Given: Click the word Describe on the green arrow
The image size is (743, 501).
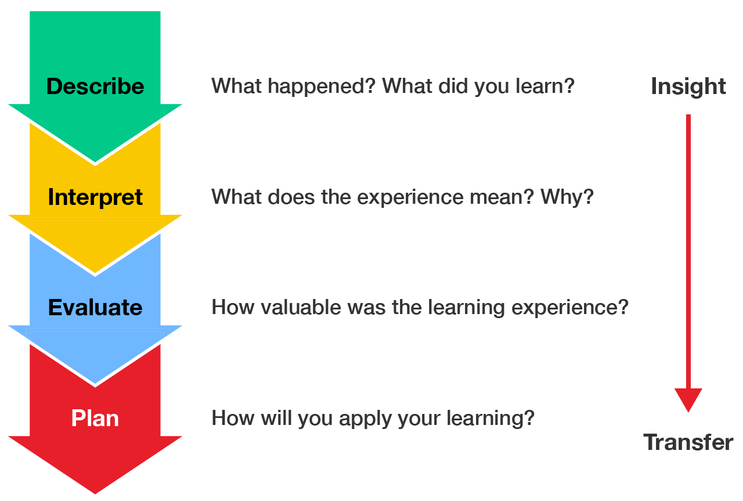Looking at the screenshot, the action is pos(95,86).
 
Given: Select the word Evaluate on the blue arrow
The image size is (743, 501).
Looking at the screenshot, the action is pos(95,307).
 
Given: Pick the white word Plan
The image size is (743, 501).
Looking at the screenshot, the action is pos(95,418).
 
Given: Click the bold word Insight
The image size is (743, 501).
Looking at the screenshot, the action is pos(688,87).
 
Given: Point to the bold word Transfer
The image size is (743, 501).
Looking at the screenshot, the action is pos(688,442).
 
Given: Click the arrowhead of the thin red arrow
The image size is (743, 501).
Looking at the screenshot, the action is pos(688,400).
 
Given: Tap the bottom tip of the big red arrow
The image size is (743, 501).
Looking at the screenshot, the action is pos(95,493).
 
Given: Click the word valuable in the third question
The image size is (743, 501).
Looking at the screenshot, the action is pos(301,307).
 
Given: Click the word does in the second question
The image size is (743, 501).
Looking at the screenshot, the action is pos(291,196).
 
